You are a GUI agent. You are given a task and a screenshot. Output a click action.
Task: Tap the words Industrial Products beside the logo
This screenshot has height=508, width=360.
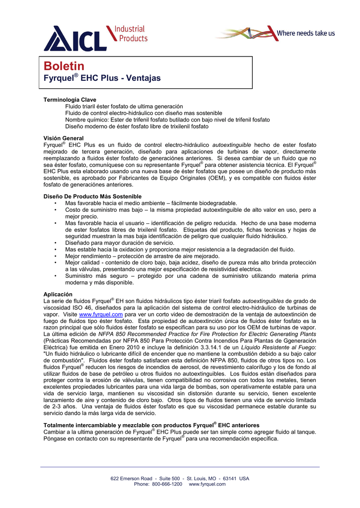pyautogui.click(x=131, y=34)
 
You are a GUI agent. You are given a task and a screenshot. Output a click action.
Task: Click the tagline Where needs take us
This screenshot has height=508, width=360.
pyautogui.click(x=305, y=33)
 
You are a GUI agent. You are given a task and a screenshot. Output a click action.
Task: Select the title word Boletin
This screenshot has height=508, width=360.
pyautogui.click(x=64, y=66)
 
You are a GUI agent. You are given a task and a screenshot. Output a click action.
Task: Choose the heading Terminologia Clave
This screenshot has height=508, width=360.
pyautogui.click(x=70, y=100)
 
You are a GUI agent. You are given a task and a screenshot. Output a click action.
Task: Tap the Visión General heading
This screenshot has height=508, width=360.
pyautogui.click(x=64, y=138)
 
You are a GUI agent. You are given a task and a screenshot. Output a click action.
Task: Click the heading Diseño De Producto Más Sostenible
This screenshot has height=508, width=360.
pyautogui.click(x=92, y=196)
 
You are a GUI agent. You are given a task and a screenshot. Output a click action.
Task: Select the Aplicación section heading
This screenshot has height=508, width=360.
pyautogui.click(x=58, y=294)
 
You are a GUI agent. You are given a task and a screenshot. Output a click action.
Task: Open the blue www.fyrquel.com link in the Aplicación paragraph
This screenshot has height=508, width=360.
pyautogui.click(x=101, y=315)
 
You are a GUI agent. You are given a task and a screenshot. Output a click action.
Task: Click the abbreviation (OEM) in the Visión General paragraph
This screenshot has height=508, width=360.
pyautogui.click(x=216, y=178)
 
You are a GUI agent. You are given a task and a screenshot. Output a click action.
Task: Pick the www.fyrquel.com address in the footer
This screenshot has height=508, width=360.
pyautogui.click(x=207, y=484)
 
